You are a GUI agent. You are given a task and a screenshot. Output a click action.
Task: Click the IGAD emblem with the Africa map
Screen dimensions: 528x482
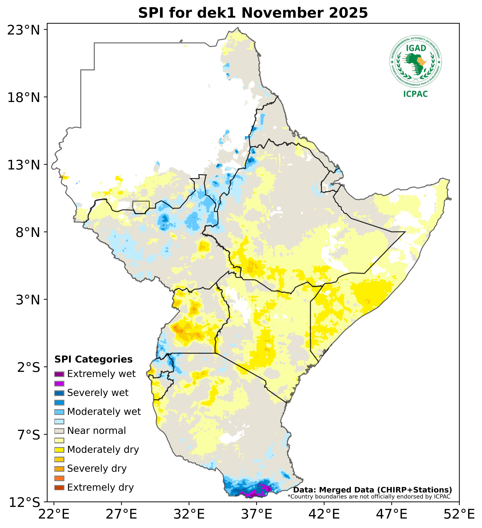pyautogui.click(x=415, y=62)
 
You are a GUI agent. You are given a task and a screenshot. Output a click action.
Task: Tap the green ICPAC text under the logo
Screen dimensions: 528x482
pyautogui.click(x=415, y=94)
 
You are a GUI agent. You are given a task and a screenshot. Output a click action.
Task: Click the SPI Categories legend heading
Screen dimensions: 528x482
pyautogui.click(x=93, y=359)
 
